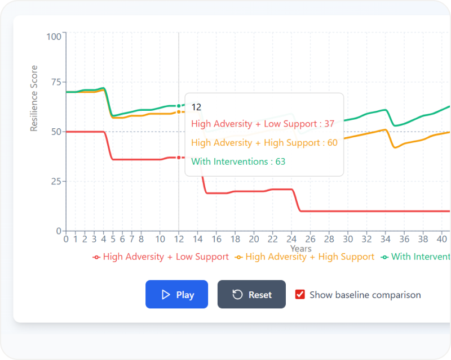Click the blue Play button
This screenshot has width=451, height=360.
click(x=176, y=294)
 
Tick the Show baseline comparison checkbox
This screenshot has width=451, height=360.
click(x=300, y=294)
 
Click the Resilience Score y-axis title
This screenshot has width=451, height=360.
click(x=34, y=98)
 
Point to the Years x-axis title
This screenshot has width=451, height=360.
click(x=300, y=248)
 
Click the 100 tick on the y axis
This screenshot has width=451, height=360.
click(x=54, y=37)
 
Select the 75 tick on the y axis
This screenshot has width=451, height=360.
click(x=56, y=82)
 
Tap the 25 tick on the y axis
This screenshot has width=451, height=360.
click(x=56, y=181)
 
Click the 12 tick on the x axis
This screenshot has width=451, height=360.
click(x=179, y=238)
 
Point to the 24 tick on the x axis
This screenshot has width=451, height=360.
click(x=291, y=238)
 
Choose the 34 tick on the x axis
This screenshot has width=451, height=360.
click(x=386, y=238)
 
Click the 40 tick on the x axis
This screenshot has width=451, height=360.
click(x=442, y=238)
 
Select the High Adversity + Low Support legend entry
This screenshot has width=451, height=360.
click(x=161, y=256)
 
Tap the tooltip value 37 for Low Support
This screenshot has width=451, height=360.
click(x=329, y=124)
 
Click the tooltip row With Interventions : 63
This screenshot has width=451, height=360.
click(x=238, y=161)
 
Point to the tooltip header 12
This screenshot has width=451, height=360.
click(x=196, y=107)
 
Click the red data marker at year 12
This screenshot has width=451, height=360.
click(x=179, y=157)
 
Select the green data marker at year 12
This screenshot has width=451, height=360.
click(x=179, y=106)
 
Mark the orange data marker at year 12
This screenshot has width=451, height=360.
click(x=179, y=112)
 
